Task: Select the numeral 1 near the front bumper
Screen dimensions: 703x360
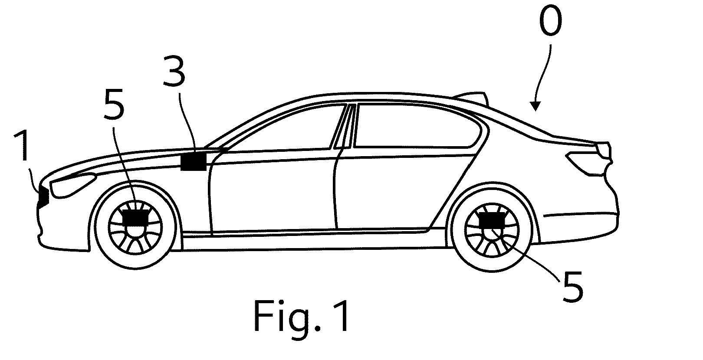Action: [x=23, y=146]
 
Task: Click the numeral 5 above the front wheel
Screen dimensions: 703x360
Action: [x=114, y=104]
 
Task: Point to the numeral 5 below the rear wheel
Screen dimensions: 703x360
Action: [x=573, y=287]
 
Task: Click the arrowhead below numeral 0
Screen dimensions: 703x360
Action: [x=535, y=106]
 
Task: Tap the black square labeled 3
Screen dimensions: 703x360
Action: [x=194, y=161]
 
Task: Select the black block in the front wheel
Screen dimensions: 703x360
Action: [x=135, y=217]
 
